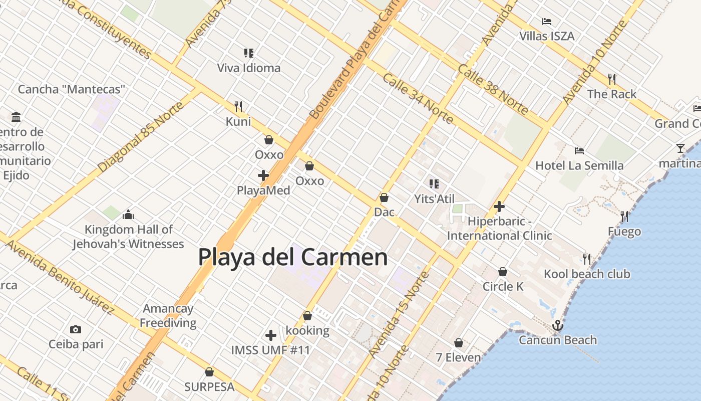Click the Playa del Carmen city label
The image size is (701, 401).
pos(293,257)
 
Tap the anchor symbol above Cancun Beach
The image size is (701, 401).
pos(557,326)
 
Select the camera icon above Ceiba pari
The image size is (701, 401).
pos(76,329)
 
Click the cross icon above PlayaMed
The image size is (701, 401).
pos(263,175)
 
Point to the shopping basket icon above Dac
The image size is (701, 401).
pos(384,197)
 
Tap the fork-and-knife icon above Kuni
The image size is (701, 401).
pos(238,106)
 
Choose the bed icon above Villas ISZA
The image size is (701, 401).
pos(547,22)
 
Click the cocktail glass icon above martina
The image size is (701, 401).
pos(680,148)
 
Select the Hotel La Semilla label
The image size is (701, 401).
pos(579,165)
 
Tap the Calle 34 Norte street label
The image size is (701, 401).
pos(418,98)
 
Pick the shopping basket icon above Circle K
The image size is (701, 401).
pos(503,272)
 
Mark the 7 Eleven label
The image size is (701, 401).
pos(458,357)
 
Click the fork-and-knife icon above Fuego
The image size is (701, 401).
pos(624,217)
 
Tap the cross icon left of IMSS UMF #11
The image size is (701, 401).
pos(271,335)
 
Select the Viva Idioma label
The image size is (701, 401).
pos(249,68)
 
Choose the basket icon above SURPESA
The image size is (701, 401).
pos(209,372)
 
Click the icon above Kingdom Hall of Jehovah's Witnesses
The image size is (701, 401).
pos(128,215)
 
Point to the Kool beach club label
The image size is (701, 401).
pos(587,274)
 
